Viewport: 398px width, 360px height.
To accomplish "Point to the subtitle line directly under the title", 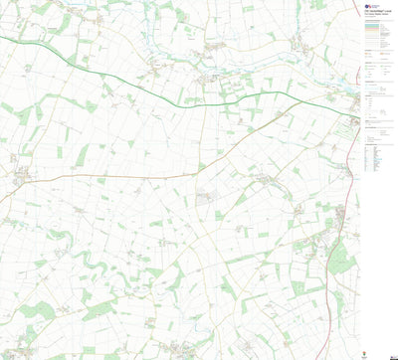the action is click(376, 15).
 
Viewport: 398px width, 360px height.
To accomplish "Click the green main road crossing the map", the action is click(149, 86).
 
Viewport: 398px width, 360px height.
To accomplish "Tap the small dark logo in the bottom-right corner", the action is click(391, 352).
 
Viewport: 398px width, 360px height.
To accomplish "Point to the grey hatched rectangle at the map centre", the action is click(205, 199).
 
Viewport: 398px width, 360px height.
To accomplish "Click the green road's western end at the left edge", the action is click(2, 37).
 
